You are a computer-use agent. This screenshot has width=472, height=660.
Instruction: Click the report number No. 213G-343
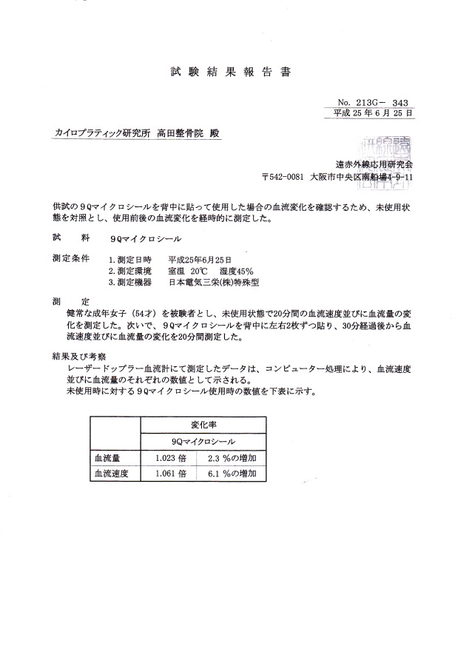[x=374, y=102]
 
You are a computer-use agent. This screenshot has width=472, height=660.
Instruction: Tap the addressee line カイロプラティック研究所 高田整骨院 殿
[x=137, y=133]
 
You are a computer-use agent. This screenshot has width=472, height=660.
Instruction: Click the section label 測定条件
[x=71, y=259]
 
